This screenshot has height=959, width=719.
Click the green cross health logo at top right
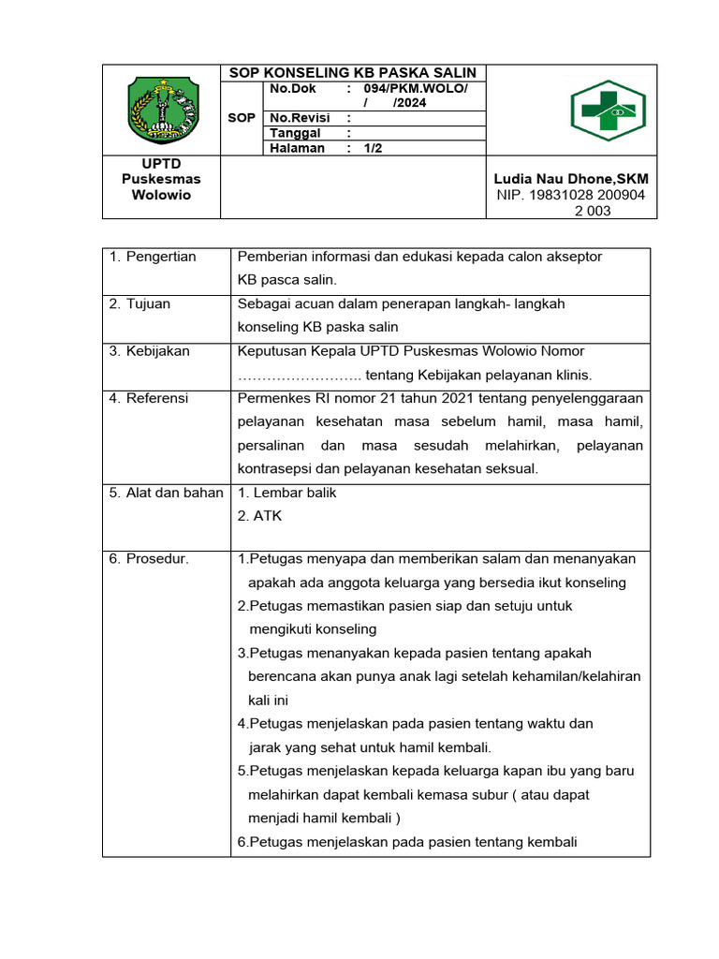(x=609, y=110)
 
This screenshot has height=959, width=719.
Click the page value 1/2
(x=374, y=148)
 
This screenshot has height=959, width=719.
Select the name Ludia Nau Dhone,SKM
(x=571, y=179)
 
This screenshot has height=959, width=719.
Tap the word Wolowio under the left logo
(x=162, y=195)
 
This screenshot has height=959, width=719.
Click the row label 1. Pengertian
(x=153, y=257)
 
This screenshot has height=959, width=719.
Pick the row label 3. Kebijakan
(x=149, y=350)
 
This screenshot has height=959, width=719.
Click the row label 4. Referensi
(x=149, y=398)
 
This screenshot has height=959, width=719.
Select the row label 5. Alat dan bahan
(x=166, y=493)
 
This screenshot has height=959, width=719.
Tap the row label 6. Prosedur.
(x=149, y=559)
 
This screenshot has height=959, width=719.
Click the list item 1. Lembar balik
(x=286, y=493)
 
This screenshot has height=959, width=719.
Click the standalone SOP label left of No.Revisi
(x=241, y=118)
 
